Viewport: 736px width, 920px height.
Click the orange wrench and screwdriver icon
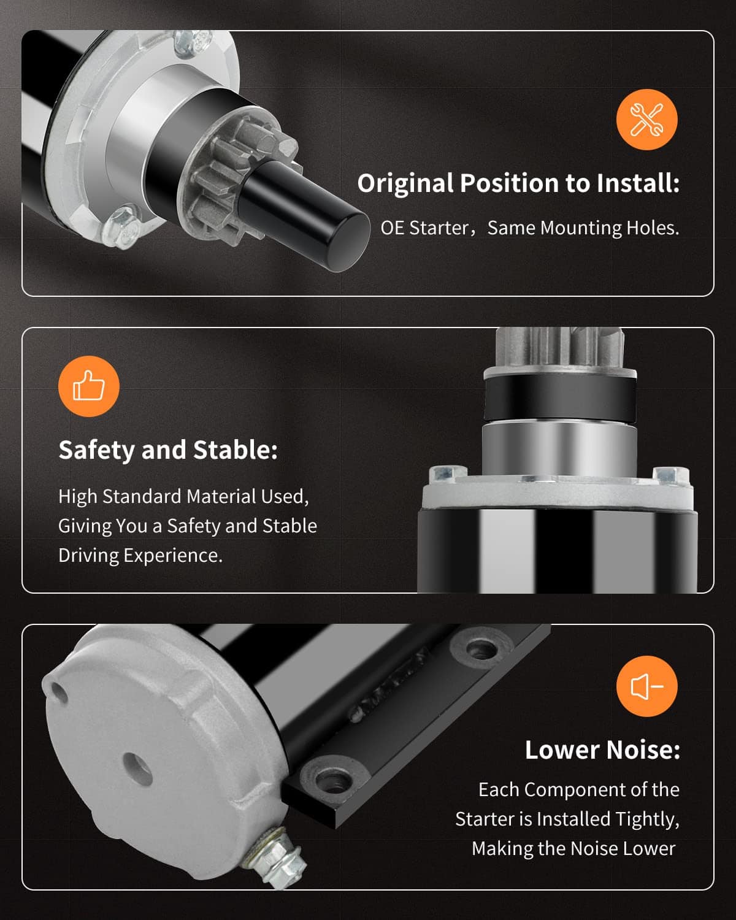[x=646, y=119]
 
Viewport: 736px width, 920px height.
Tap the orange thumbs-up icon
[x=89, y=386]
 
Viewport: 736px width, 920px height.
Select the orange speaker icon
[x=646, y=686]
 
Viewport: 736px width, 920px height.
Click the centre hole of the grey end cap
[x=138, y=769]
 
